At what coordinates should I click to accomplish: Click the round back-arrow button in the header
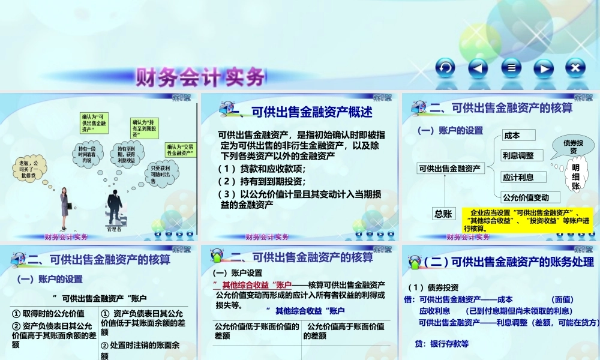pos(445,68)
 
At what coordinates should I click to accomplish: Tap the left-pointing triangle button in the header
pos(478,68)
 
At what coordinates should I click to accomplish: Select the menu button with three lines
pos(511,68)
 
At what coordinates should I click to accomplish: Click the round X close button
pos(575,68)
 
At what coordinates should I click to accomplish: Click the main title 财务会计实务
pos(200,77)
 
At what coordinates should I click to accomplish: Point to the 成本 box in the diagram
pos(518,135)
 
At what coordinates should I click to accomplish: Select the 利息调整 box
pos(522,156)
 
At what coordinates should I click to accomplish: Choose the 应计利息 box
pos(524,177)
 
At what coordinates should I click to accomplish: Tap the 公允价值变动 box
pos(530,197)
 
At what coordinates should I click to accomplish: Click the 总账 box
pos(443,213)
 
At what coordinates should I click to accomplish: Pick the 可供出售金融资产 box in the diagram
pos(450,169)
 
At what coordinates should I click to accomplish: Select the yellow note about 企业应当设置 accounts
pos(529,220)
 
